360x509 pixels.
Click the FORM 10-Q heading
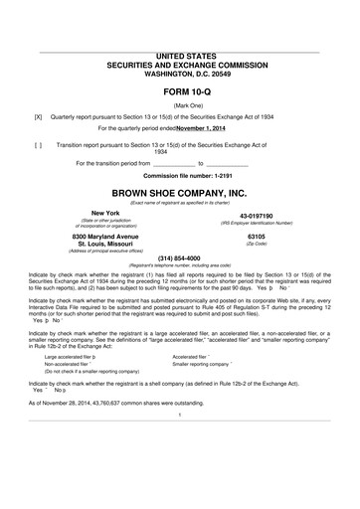coord(179,90)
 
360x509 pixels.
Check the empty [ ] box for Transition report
coord(38,144)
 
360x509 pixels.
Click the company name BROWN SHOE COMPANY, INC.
coord(179,192)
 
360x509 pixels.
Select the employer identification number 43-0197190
coord(256,216)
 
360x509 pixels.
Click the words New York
coord(104,213)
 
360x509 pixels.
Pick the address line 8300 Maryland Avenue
coord(104,235)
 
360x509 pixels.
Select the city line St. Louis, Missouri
coord(104,243)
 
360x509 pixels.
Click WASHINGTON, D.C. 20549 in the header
coord(179,74)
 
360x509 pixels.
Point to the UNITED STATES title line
coord(179,57)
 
